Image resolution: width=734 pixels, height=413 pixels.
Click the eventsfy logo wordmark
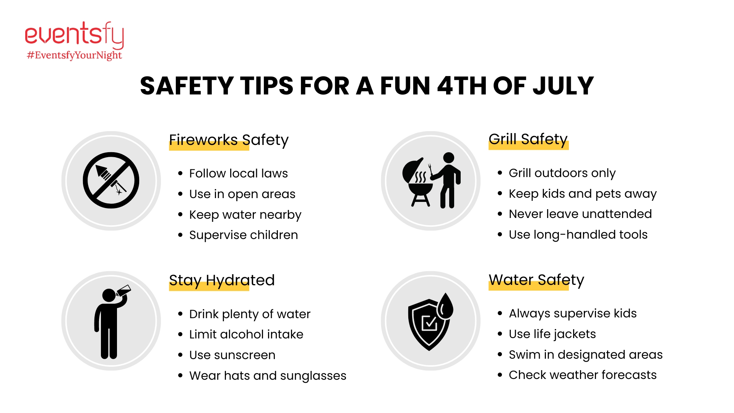tap(75, 35)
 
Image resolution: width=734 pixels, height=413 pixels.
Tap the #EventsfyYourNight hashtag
tap(75, 55)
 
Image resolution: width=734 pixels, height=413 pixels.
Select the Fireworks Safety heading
tap(229, 140)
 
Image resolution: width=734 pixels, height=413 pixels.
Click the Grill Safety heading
tap(528, 139)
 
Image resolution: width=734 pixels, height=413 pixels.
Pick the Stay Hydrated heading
tap(222, 280)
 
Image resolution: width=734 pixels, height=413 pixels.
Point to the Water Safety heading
tap(536, 280)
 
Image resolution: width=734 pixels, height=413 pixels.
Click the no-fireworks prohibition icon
tap(111, 180)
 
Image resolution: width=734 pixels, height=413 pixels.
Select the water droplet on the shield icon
tap(445, 306)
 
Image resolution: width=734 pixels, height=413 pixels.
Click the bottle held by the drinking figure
tap(123, 291)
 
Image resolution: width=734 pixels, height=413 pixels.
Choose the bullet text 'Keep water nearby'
tap(245, 215)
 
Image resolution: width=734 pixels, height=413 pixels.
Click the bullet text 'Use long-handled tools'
tap(578, 235)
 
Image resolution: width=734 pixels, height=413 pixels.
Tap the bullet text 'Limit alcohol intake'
tap(246, 335)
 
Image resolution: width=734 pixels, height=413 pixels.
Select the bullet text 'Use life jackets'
tap(552, 334)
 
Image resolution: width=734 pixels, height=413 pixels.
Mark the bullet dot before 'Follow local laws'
tap(180, 174)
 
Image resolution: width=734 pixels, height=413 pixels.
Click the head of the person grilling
tap(448, 158)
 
